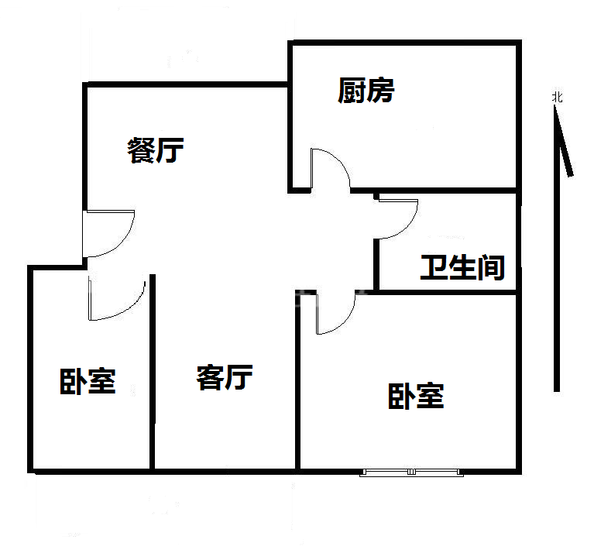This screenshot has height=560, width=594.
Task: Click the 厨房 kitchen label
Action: point(366,91)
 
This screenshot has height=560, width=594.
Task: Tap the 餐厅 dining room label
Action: point(156,150)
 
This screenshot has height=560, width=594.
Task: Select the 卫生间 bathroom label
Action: point(462,267)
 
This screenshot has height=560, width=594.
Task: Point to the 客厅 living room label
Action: point(225,377)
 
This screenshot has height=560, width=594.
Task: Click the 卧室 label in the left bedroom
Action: point(88,381)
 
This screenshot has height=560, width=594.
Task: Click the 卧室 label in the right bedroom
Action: point(416,396)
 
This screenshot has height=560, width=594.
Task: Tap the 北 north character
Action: point(557,98)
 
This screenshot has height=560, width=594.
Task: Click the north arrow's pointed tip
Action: point(555,105)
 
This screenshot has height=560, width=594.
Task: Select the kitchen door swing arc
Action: point(336,161)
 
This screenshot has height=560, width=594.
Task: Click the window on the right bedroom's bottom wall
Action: point(411,472)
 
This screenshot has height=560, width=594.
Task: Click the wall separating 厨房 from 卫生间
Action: point(434,191)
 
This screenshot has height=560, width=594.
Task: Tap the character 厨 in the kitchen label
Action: point(352,91)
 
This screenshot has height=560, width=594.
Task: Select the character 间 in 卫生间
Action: point(491,267)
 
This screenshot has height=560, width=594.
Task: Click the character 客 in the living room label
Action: point(210,377)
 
